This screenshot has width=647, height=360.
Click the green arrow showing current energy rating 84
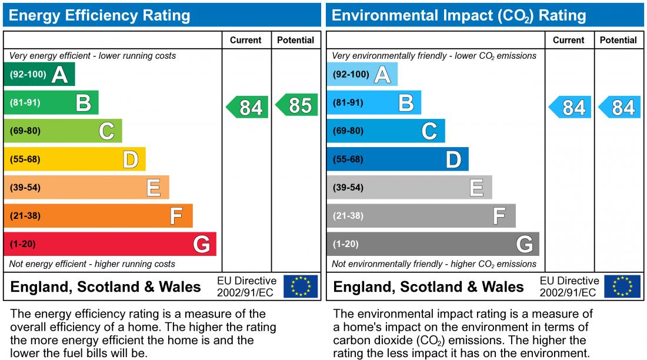pyautogui.click(x=248, y=107)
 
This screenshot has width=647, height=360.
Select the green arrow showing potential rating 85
pyautogui.click(x=297, y=105)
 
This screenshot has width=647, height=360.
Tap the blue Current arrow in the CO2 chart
pyautogui.click(x=571, y=107)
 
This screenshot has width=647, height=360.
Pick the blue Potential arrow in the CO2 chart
pyautogui.click(x=620, y=107)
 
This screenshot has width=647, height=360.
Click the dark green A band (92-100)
pyautogui.click(x=39, y=75)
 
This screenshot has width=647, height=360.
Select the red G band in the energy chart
pyautogui.click(x=109, y=244)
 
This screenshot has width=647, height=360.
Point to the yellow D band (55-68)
pyautogui.click(x=74, y=159)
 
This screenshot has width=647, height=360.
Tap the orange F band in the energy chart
pyautogui.click(x=98, y=216)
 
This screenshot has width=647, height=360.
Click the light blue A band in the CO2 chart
pyautogui.click(x=362, y=75)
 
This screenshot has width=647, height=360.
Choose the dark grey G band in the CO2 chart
pyautogui.click(x=432, y=244)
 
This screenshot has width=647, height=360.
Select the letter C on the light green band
pyautogui.click(x=106, y=131)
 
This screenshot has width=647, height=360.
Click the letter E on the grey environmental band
pyautogui.click(x=476, y=188)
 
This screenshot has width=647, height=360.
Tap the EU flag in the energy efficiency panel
pyautogui.click(x=301, y=286)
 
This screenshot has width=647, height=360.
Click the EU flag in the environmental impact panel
pyautogui.click(x=623, y=286)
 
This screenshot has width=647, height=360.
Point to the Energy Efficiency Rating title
pyautogui.click(x=99, y=15)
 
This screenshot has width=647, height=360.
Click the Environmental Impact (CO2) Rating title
pyautogui.click(x=459, y=15)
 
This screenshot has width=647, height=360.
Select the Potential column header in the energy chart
pyautogui.click(x=295, y=40)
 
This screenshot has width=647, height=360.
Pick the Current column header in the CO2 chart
pyautogui.click(x=569, y=40)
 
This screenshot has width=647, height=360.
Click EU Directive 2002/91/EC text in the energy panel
pyautogui.click(x=246, y=286)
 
